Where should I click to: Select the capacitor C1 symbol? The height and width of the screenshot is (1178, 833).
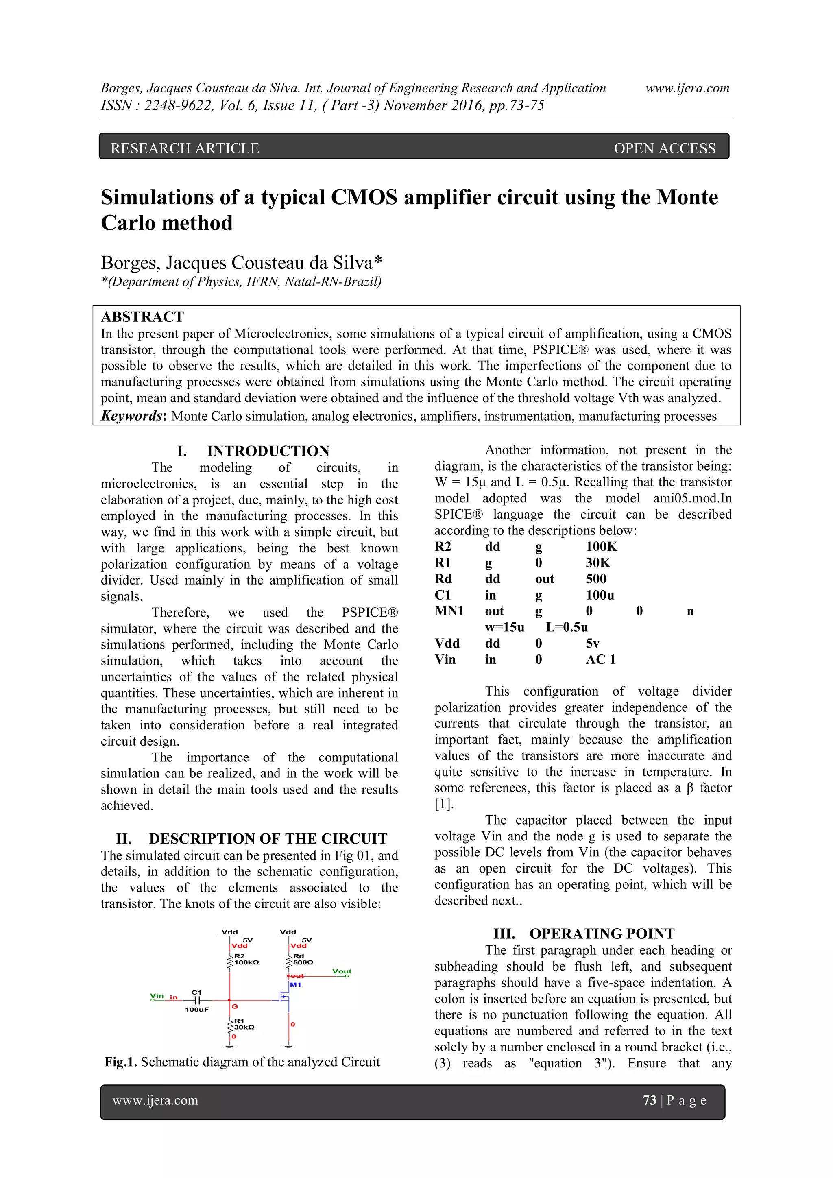[x=197, y=1000]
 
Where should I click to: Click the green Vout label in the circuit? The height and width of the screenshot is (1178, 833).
[x=342, y=971]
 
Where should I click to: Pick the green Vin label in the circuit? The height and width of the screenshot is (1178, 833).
[x=157, y=996]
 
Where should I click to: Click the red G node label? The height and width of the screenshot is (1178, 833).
[x=234, y=1007]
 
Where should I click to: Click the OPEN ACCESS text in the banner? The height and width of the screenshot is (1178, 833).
[x=664, y=148]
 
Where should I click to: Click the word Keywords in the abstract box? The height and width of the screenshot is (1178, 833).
[x=132, y=416]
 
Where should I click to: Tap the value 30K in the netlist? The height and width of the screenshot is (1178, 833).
[x=598, y=563]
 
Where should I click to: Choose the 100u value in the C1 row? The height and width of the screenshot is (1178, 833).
[x=600, y=595]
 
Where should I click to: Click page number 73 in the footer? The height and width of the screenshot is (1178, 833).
[x=650, y=1100]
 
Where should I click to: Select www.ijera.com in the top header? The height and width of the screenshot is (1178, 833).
[x=687, y=88]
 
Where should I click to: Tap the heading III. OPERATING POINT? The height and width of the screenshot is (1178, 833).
[x=584, y=934]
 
